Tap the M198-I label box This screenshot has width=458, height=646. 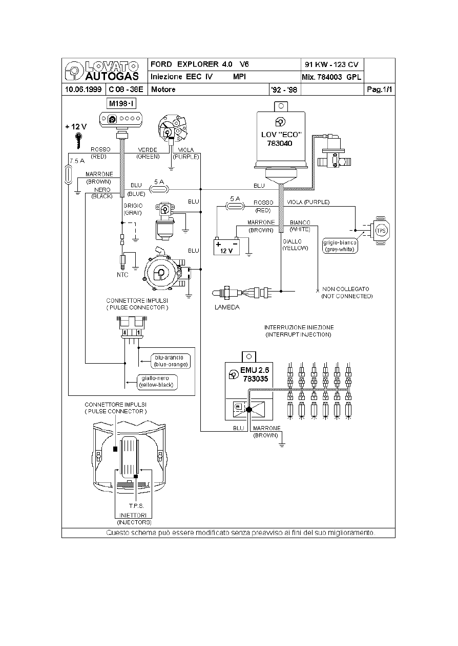click(x=121, y=104)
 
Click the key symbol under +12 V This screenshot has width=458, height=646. click(x=78, y=139)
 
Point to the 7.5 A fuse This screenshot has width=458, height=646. click(x=69, y=173)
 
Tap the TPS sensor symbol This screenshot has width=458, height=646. click(x=380, y=229)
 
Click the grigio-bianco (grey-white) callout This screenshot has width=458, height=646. click(x=341, y=246)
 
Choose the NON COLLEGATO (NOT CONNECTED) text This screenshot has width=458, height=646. click(x=346, y=293)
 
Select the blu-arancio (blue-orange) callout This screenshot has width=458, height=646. click(x=171, y=361)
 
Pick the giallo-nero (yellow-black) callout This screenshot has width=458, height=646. click(x=156, y=382)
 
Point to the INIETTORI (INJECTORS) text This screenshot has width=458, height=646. click(x=134, y=519)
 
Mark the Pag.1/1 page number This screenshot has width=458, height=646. click(x=380, y=90)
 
